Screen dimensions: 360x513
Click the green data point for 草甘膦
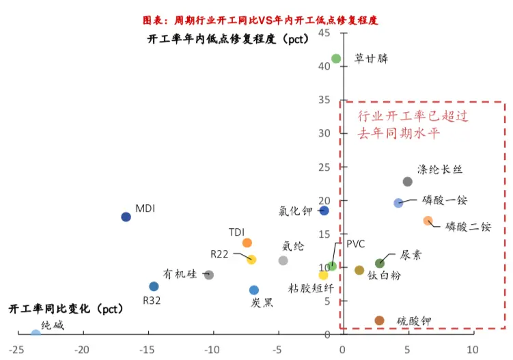pos(336,59)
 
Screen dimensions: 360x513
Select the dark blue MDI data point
pos(126,217)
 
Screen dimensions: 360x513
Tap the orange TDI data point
pos(247,243)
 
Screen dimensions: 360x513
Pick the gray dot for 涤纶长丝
pos(408,182)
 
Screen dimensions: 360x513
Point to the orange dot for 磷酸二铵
pos(428,221)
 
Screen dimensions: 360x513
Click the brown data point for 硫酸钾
pos(380,320)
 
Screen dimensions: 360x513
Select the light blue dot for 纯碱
pos(36,334)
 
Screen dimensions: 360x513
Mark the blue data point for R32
pos(154,286)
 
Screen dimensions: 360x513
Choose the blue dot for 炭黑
pos(254,290)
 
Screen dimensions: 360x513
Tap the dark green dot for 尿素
pos(380,264)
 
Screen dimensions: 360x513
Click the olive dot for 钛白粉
pos(359,271)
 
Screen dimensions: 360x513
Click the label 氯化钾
pos(296,211)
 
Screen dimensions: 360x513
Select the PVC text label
pos(356,244)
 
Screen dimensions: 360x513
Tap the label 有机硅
pos(180,274)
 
